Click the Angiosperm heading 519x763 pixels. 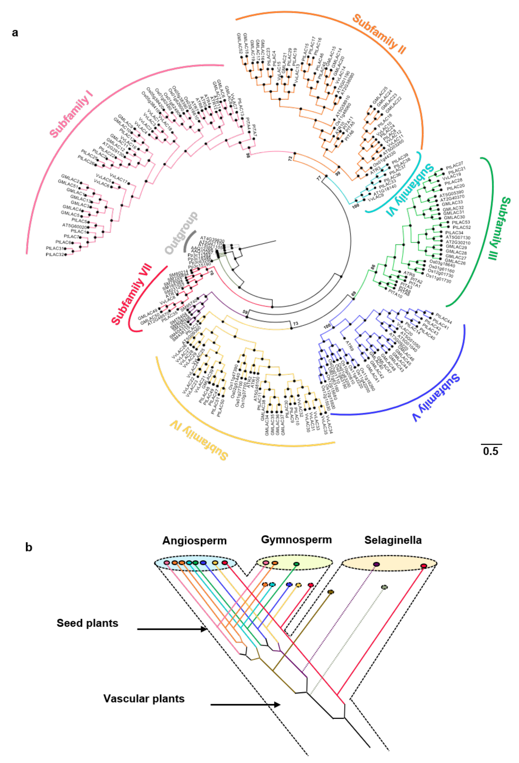click(x=194, y=541)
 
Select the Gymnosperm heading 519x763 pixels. click(x=296, y=540)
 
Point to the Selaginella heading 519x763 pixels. click(x=393, y=540)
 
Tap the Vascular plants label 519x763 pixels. click(x=144, y=699)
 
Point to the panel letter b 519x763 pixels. click(x=29, y=547)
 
